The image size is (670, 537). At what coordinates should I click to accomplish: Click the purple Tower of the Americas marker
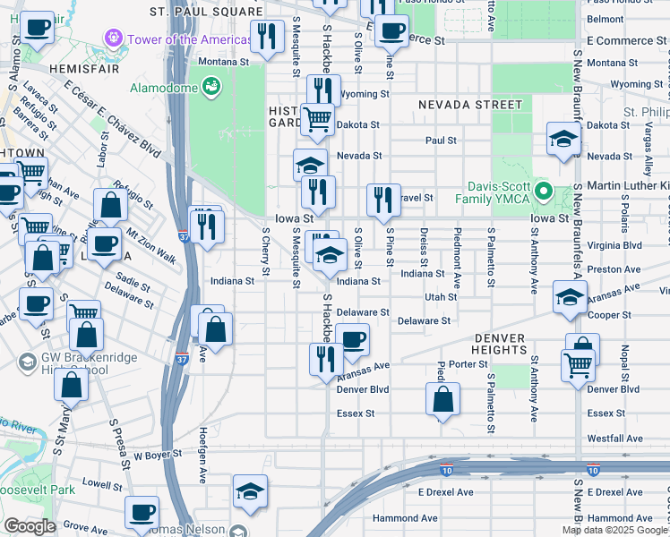click(114, 39)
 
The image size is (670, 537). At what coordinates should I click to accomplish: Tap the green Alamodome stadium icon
click(210, 87)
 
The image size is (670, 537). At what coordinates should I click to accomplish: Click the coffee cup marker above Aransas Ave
click(354, 338)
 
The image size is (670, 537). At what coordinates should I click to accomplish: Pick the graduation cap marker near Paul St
click(563, 139)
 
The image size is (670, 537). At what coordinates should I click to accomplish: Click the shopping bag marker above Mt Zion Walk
click(109, 205)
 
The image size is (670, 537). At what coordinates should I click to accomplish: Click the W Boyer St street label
click(158, 454)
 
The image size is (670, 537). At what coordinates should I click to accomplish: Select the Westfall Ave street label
click(615, 439)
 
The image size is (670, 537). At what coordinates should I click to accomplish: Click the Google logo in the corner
click(30, 526)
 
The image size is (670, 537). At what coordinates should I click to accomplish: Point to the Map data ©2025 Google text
click(613, 530)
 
